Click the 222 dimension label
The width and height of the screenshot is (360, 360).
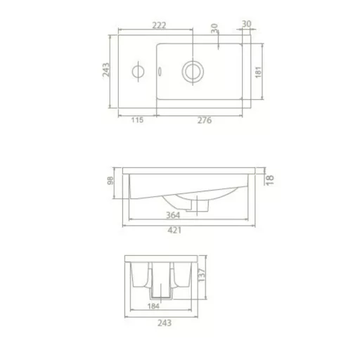point(159,25)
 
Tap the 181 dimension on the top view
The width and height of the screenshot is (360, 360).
point(258,72)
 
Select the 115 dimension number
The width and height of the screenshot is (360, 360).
point(137,120)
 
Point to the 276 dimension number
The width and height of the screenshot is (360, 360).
point(205,120)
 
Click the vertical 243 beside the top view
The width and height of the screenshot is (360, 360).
point(106,70)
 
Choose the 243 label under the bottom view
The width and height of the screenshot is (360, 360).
point(165,323)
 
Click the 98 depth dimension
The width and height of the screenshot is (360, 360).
point(110,180)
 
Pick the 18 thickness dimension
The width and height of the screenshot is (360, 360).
point(270,180)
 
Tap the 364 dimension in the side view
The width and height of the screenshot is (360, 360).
point(173,215)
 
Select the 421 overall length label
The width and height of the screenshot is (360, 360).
point(174,230)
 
